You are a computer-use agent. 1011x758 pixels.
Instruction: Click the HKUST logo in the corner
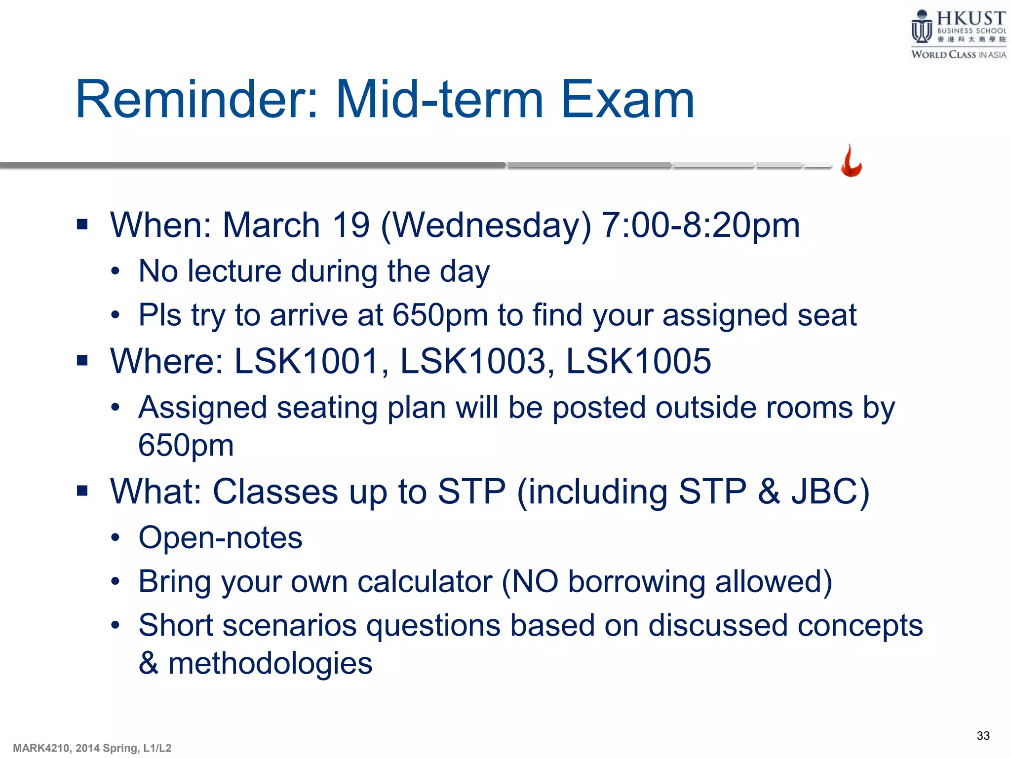pyautogui.click(x=958, y=34)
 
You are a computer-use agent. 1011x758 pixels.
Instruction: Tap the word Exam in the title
pyautogui.click(x=627, y=100)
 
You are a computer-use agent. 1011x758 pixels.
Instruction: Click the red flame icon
pyautogui.click(x=852, y=161)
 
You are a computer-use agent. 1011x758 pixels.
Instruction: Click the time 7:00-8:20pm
pyautogui.click(x=701, y=225)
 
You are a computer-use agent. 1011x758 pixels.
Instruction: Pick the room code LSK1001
pyautogui.click(x=306, y=361)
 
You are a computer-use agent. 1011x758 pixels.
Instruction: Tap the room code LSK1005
pyautogui.click(x=638, y=361)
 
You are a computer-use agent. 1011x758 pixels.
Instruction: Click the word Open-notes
pyautogui.click(x=220, y=537)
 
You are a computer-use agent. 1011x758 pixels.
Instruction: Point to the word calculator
pyautogui.click(x=425, y=581)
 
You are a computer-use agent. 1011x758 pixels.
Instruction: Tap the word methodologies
pyautogui.click(x=270, y=663)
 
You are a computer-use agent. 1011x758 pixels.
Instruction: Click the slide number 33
pyautogui.click(x=983, y=736)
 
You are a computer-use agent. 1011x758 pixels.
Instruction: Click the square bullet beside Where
pyautogui.click(x=82, y=361)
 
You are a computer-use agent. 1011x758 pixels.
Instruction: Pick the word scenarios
pyautogui.click(x=289, y=626)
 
